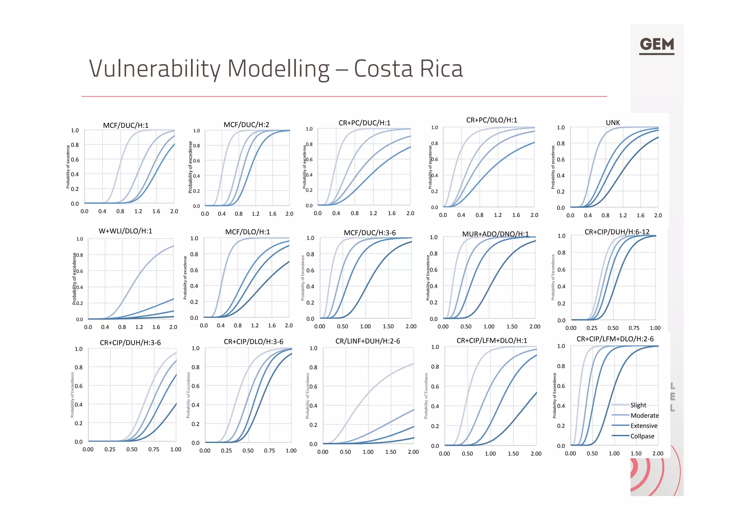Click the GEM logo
(656, 45)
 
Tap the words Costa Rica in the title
(408, 69)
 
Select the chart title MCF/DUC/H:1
(126, 125)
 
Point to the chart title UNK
(612, 123)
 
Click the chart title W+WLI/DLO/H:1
(125, 231)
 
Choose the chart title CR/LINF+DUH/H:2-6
(367, 341)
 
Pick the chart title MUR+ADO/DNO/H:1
(495, 234)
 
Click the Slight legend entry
(638, 405)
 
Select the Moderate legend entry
(644, 415)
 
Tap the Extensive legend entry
(643, 426)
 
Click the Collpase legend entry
(642, 436)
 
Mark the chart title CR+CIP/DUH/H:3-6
(130, 343)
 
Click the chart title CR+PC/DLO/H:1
(492, 120)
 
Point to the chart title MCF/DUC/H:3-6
(370, 233)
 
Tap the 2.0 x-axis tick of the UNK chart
(658, 215)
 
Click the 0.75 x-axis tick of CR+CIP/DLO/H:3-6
(269, 451)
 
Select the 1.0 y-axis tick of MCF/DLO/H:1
(194, 238)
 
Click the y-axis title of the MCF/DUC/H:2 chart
(190, 167)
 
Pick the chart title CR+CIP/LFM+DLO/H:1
(492, 341)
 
